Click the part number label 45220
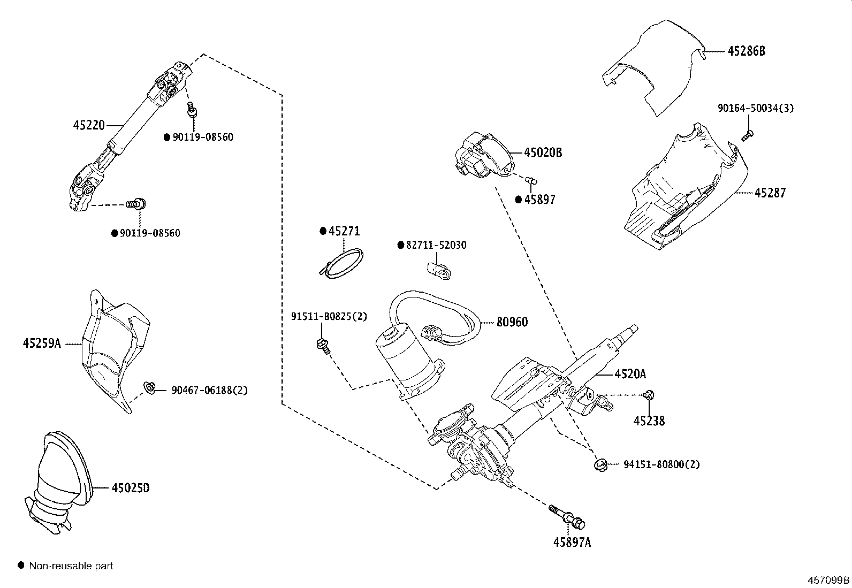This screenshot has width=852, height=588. point(89,125)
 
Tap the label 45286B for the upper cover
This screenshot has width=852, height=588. point(746,51)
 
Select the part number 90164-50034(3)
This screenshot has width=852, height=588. point(755,108)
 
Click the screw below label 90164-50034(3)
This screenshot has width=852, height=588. point(748,135)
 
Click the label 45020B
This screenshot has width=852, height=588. point(542,152)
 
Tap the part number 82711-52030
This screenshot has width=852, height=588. point(436,245)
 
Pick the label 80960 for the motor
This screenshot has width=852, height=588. point(512,322)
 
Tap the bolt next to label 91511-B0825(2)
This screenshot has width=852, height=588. point(323,345)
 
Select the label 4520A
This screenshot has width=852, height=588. point(630,374)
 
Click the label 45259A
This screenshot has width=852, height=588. point(42,343)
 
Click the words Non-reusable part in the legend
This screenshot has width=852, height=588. point(71,566)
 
